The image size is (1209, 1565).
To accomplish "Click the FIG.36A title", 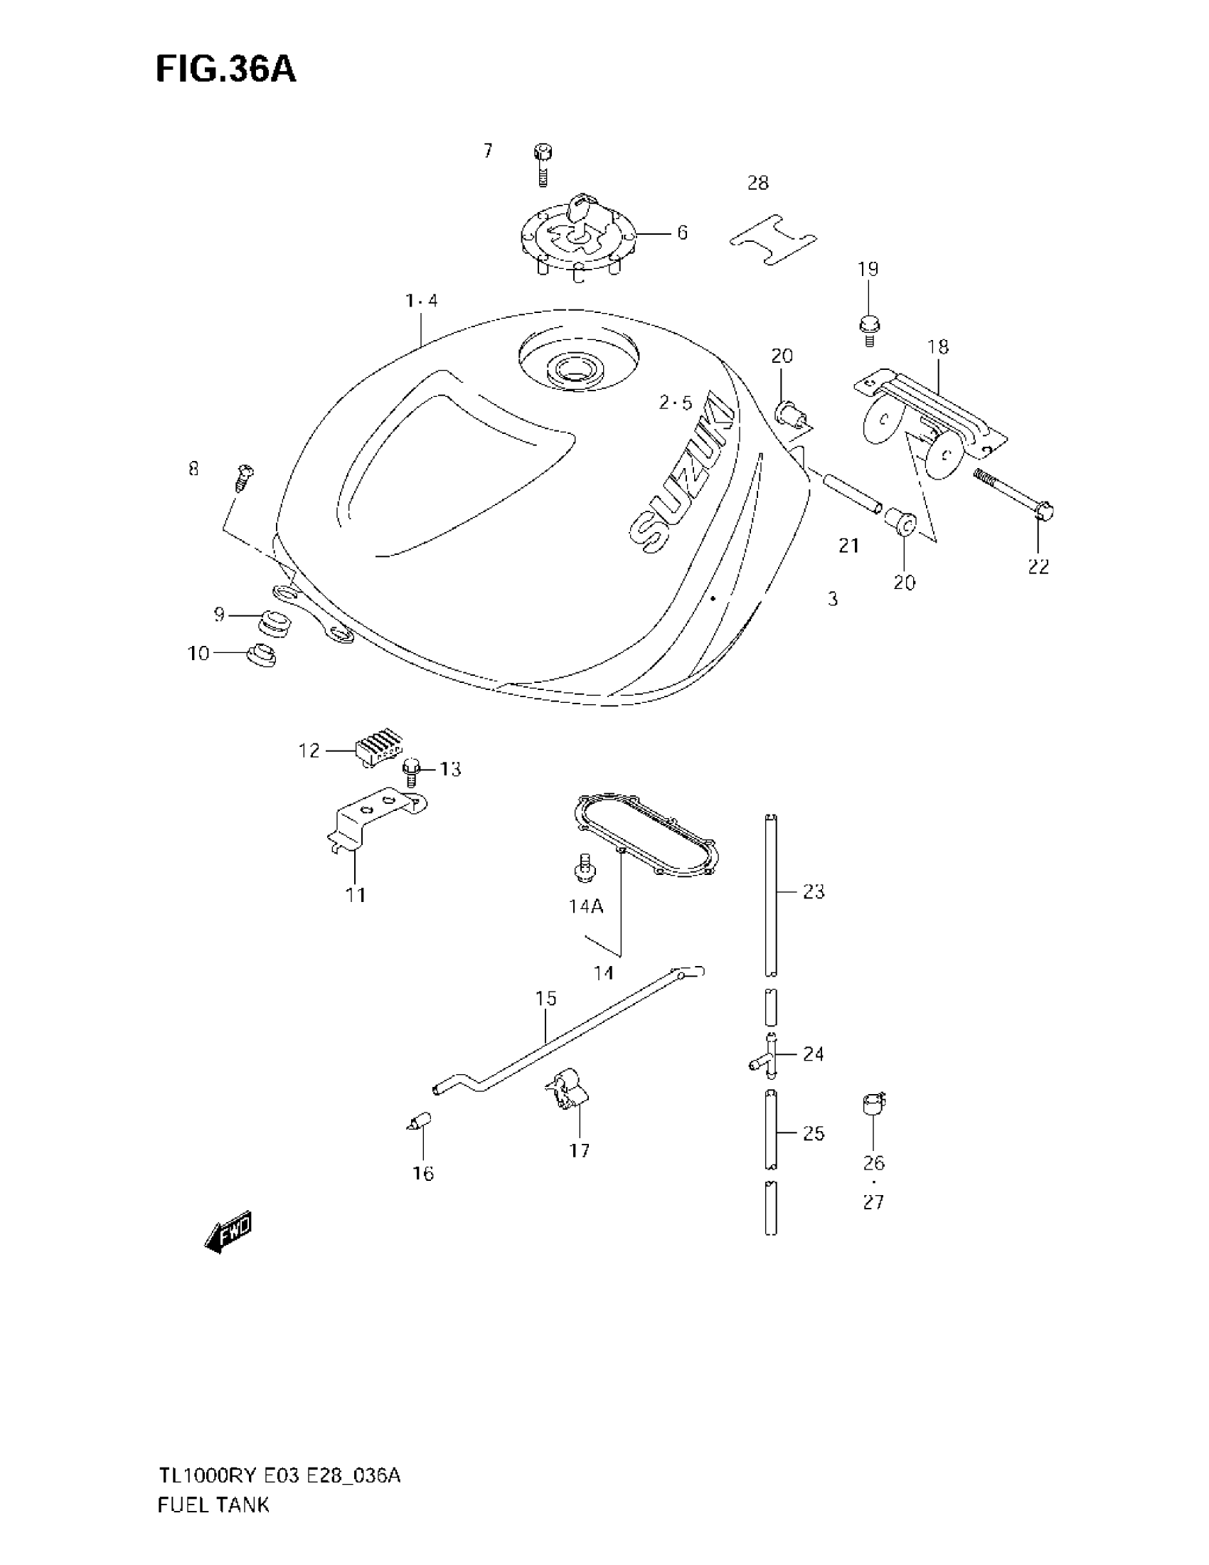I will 225,70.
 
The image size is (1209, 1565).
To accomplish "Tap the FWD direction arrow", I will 228,1232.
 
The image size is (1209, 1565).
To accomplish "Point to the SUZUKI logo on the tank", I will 683,476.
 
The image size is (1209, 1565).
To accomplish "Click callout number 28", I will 758,184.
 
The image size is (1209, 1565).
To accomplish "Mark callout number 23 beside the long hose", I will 813,891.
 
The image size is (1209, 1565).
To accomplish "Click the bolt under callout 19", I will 869,329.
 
